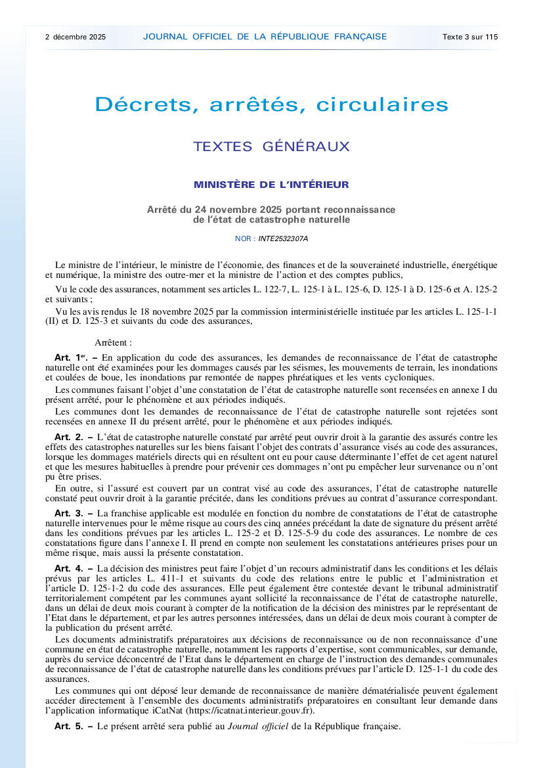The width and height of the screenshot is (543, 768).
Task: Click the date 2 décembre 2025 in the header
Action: point(76,37)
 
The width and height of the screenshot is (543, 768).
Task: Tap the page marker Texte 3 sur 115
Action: point(470,37)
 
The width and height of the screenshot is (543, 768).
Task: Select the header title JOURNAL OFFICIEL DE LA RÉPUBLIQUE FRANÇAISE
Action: point(265,37)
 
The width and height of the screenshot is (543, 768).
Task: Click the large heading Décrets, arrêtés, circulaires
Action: point(271,104)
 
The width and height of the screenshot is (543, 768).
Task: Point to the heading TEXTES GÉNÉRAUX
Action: point(271,147)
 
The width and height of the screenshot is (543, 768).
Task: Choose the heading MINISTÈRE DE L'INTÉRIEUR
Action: point(271,185)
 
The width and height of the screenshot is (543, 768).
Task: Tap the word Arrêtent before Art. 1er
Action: point(113,343)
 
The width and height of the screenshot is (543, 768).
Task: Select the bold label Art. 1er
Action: point(70,357)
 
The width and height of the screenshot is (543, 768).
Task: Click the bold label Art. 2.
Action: point(69,437)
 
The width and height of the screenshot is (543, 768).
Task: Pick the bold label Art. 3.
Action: point(69,512)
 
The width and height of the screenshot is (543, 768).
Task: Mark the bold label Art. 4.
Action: point(69,568)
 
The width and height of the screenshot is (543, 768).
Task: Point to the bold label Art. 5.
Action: point(69,726)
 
